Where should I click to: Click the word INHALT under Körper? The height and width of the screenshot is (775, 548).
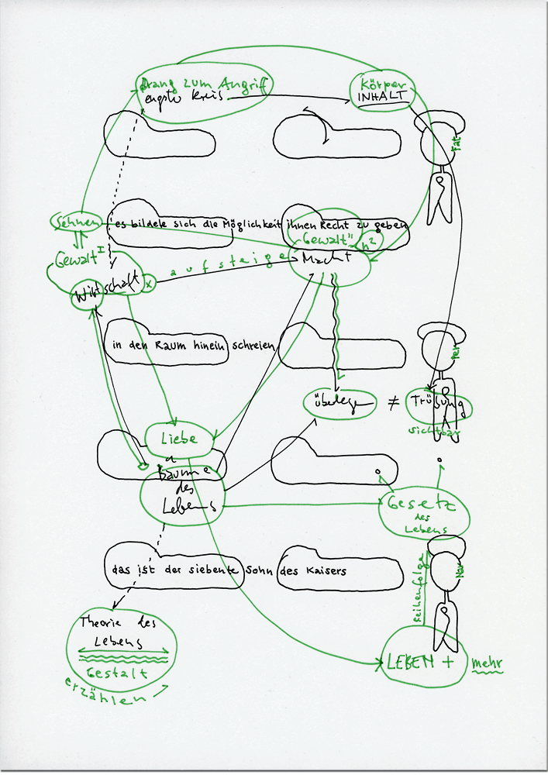click(x=381, y=98)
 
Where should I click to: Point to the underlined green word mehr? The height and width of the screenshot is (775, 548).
click(x=487, y=663)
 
